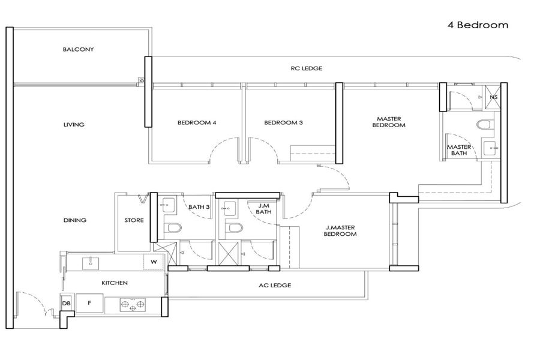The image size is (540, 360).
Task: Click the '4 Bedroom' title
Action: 478,25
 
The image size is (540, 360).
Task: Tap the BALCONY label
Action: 78,49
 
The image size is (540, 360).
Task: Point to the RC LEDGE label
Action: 307,68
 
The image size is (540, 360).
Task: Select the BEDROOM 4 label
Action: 197,122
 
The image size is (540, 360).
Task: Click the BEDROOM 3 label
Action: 283,122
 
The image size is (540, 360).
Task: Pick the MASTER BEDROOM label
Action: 389,122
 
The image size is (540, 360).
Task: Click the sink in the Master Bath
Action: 490,148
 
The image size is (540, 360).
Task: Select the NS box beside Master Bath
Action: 493,97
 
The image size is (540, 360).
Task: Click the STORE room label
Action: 134,220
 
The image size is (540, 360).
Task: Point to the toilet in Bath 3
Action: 173,228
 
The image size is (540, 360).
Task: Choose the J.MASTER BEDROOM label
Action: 340,231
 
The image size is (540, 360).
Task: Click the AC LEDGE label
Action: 275,285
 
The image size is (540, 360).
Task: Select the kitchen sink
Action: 91,263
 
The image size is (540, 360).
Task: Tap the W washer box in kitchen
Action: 154,262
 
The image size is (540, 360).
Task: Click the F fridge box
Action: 89,303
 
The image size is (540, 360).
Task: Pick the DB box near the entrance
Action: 66,303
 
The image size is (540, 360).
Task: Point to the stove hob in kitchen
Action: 133,305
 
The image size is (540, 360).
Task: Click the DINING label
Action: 75,220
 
